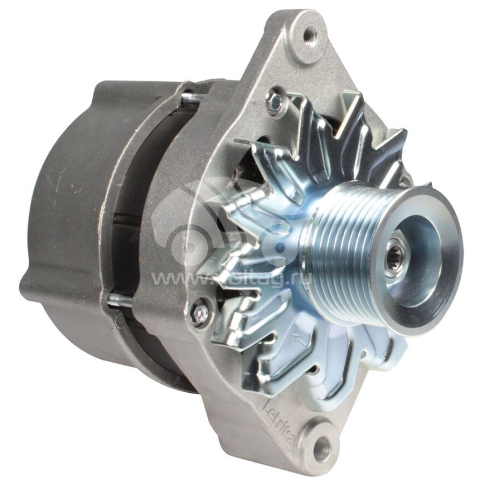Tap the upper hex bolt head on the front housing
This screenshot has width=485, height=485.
276,101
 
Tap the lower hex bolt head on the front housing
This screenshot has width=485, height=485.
199,312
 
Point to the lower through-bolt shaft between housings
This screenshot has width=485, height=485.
121,298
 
